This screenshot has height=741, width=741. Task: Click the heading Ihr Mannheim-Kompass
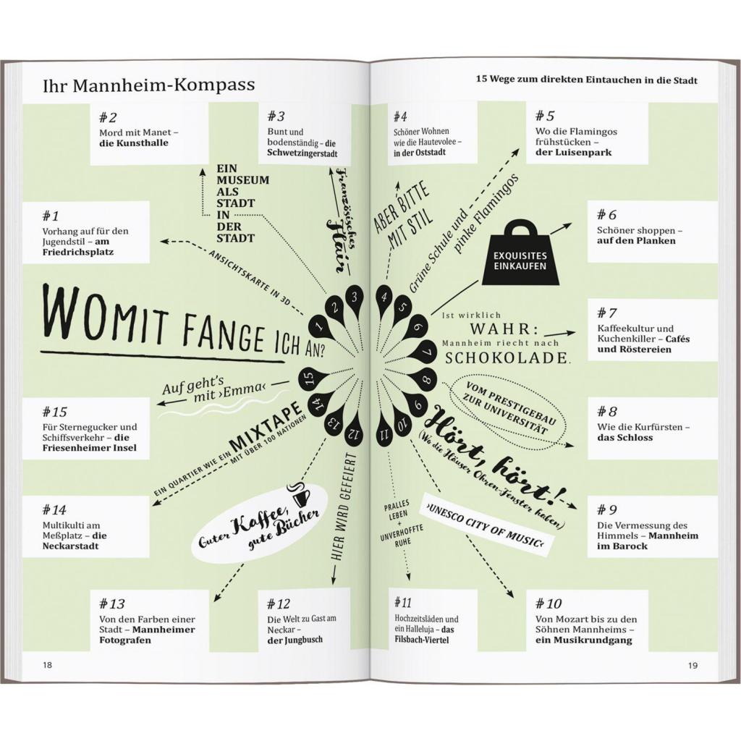coord(149,85)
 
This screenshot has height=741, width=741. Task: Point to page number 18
coord(48,665)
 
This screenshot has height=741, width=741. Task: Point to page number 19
coord(693,666)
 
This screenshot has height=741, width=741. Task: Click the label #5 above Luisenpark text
coord(545,116)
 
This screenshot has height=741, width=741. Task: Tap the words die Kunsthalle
coord(134,143)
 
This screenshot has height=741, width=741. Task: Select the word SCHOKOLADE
coord(507,357)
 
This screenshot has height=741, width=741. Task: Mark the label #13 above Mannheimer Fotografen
coord(112,604)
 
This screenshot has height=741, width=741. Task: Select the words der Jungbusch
coord(295,640)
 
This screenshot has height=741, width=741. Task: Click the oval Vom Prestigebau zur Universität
coord(508,407)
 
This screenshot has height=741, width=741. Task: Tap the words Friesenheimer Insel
coord(89,447)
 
